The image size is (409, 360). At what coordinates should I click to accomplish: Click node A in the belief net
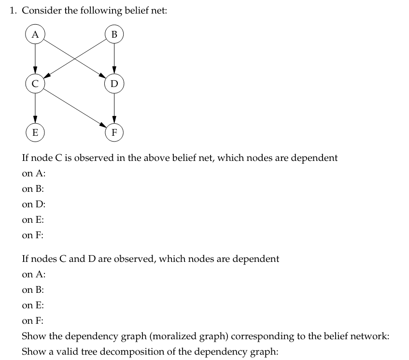pos(34,35)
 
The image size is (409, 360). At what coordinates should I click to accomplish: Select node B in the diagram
pos(114,35)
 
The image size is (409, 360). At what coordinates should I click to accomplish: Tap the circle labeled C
pos(34,83)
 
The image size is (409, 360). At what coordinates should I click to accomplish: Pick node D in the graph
pos(114,83)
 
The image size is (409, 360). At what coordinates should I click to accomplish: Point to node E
pos(34,131)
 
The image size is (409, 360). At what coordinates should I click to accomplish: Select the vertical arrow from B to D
pos(114,59)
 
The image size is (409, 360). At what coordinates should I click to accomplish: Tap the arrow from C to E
pos(34,107)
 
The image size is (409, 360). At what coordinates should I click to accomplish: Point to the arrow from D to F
pos(114,107)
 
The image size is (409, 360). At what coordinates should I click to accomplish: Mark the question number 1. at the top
pos(14,11)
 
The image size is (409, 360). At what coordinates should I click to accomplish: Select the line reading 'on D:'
pos(33,204)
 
